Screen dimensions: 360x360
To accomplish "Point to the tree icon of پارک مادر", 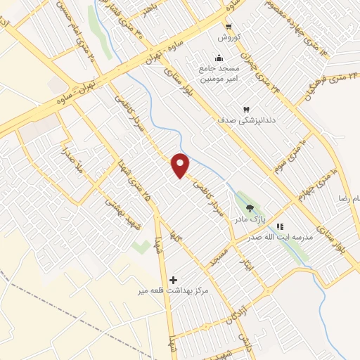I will tap(250, 207).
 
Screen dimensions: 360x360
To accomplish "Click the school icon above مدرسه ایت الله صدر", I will tap(281, 226).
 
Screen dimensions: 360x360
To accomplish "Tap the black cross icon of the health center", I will tap(173, 279).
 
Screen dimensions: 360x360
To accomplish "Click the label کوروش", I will tap(229, 37).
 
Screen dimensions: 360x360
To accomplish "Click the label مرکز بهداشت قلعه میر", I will tap(171, 290).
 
